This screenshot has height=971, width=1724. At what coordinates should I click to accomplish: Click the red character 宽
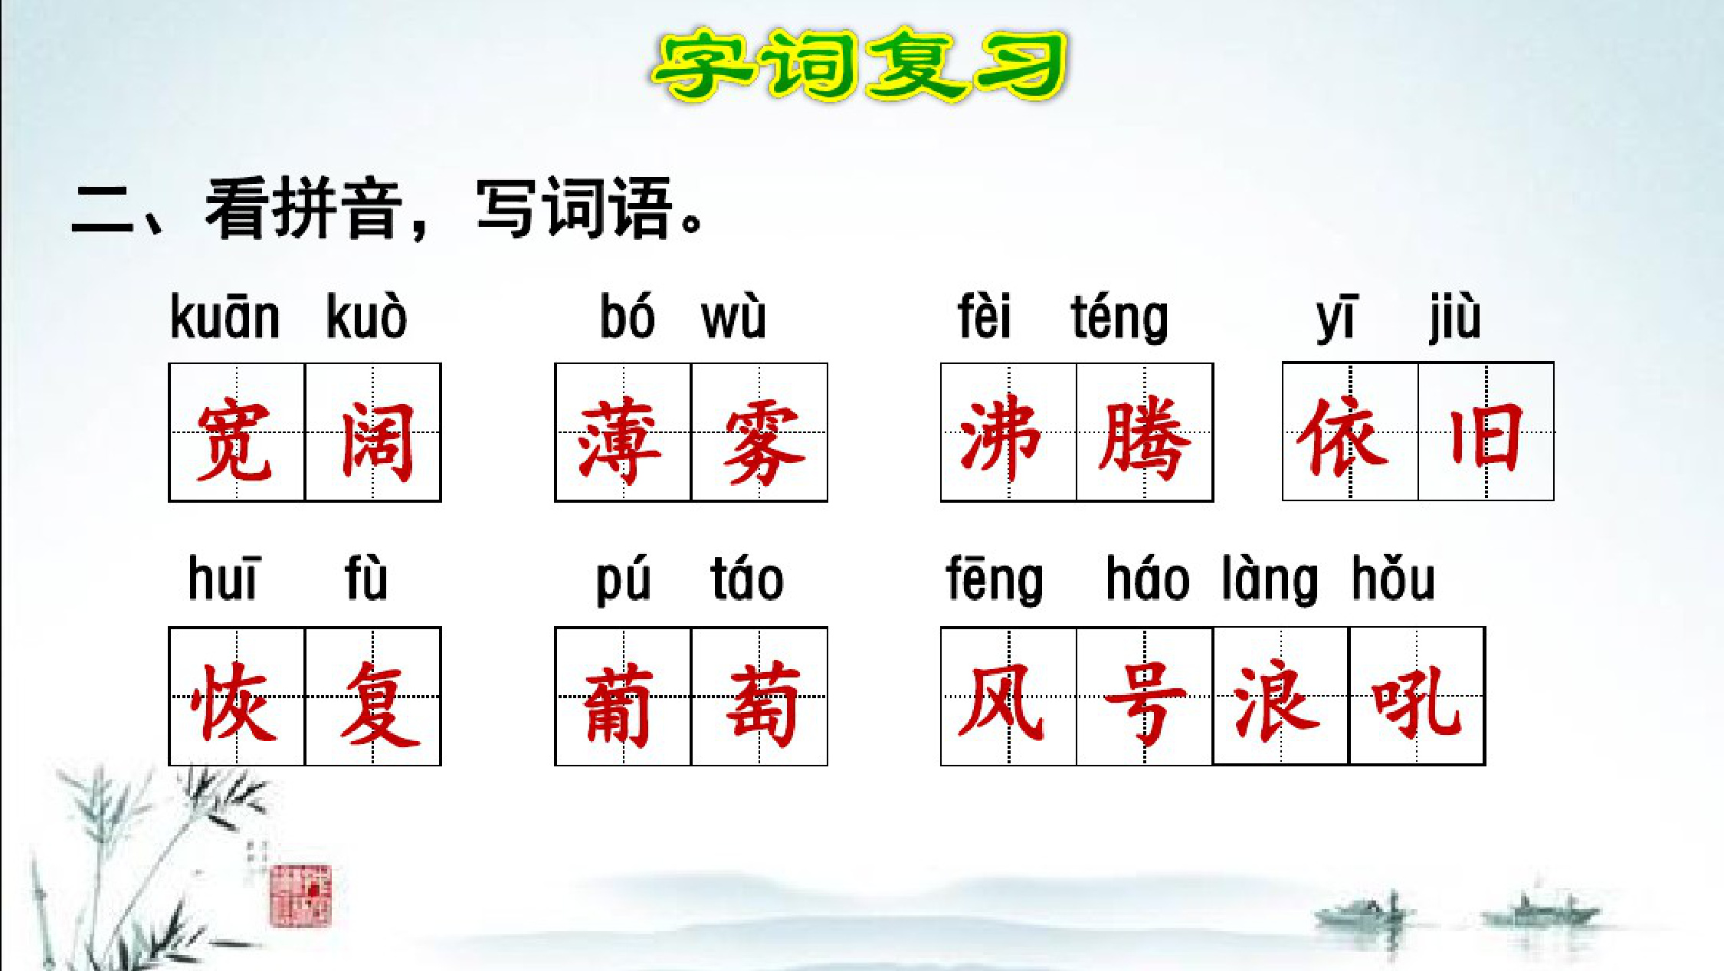pyautogui.click(x=234, y=441)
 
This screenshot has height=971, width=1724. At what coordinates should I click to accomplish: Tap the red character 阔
pyautogui.click(x=377, y=441)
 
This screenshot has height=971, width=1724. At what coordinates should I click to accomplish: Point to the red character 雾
pyautogui.click(x=762, y=442)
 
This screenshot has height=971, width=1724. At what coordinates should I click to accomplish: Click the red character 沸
pyautogui.click(x=1001, y=438)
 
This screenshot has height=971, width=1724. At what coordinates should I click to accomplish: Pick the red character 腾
pyautogui.click(x=1144, y=439)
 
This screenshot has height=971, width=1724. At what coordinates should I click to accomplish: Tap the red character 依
pyautogui.click(x=1342, y=437)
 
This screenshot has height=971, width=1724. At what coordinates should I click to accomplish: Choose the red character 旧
pyautogui.click(x=1485, y=438)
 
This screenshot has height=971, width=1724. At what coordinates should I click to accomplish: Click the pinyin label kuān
pyautogui.click(x=225, y=316)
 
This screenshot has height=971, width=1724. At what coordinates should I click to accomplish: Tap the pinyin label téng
pyautogui.click(x=1119, y=318)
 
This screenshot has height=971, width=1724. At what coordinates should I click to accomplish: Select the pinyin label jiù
pyautogui.click(x=1454, y=317)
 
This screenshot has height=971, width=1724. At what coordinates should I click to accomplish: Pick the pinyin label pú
pyautogui.click(x=624, y=581)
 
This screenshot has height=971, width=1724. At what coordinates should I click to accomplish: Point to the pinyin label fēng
pyautogui.click(x=995, y=580)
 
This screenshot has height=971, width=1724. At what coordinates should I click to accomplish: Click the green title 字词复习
pyautogui.click(x=860, y=64)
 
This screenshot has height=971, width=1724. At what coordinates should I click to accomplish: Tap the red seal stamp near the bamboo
pyautogui.click(x=300, y=895)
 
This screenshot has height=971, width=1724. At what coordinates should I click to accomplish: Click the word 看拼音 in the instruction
pyautogui.click(x=304, y=208)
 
